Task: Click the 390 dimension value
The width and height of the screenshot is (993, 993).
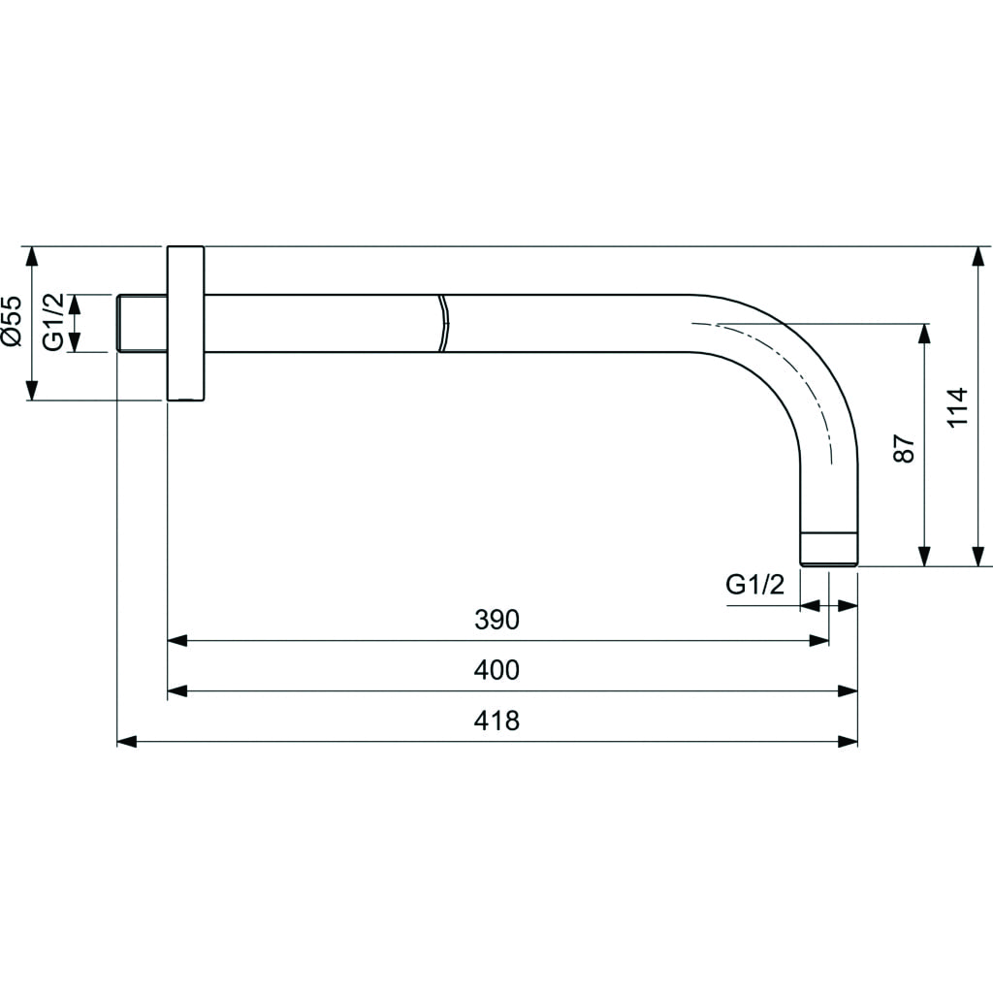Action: [x=496, y=620]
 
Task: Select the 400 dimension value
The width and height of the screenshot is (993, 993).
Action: [x=496, y=669]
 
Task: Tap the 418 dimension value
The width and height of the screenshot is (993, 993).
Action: [x=496, y=721]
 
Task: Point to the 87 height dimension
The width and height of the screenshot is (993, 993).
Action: [x=905, y=448]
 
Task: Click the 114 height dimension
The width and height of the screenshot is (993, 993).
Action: [x=957, y=407]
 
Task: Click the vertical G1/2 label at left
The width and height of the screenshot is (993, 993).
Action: [x=54, y=322]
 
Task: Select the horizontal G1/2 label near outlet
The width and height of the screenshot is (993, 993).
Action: [x=754, y=584]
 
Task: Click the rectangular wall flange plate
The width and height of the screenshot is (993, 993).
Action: [x=185, y=323]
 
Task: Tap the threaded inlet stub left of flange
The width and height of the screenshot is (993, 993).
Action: [x=142, y=323]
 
